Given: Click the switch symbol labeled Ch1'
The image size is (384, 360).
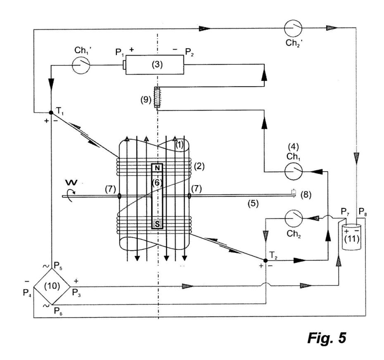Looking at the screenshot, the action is (81, 65).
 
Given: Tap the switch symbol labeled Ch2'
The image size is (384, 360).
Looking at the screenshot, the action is (293, 28).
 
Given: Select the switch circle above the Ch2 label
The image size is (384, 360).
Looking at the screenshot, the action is (294, 218).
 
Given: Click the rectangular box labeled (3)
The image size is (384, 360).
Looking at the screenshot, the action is (154, 65).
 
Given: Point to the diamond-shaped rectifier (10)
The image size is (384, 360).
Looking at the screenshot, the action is (52, 286).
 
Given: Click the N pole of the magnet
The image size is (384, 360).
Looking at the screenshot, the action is (157, 168).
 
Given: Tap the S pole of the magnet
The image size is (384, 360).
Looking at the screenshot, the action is (157, 224).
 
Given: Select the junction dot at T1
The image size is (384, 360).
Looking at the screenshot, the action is (51, 113).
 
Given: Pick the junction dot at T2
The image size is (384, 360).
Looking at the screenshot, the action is (265, 261).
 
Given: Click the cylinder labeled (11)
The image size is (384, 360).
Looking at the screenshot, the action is (351, 237).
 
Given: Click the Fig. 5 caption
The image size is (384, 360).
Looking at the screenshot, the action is (327, 338).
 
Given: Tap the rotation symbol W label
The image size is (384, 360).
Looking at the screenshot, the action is (71, 182).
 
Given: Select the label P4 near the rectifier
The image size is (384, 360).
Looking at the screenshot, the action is (27, 293).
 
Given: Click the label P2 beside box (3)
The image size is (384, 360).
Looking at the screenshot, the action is (189, 52).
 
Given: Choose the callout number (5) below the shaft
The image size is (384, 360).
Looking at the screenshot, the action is (253, 203).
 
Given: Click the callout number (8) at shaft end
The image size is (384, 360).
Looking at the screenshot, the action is (306, 195).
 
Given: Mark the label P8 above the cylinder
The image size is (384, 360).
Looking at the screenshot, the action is (363, 212).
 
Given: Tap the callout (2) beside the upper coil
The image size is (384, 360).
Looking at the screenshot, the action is (199, 167).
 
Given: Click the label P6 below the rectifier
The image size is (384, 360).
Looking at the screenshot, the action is (58, 311).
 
